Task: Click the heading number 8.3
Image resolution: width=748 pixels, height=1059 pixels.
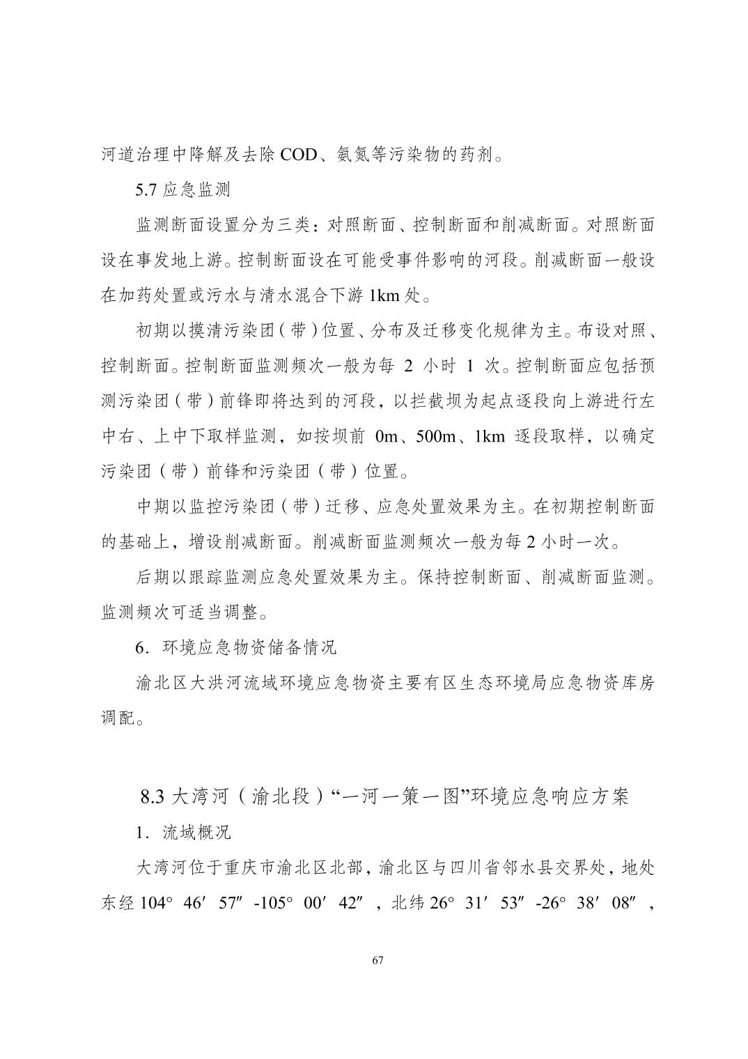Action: coord(152,796)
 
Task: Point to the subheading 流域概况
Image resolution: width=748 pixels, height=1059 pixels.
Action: coord(196,833)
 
